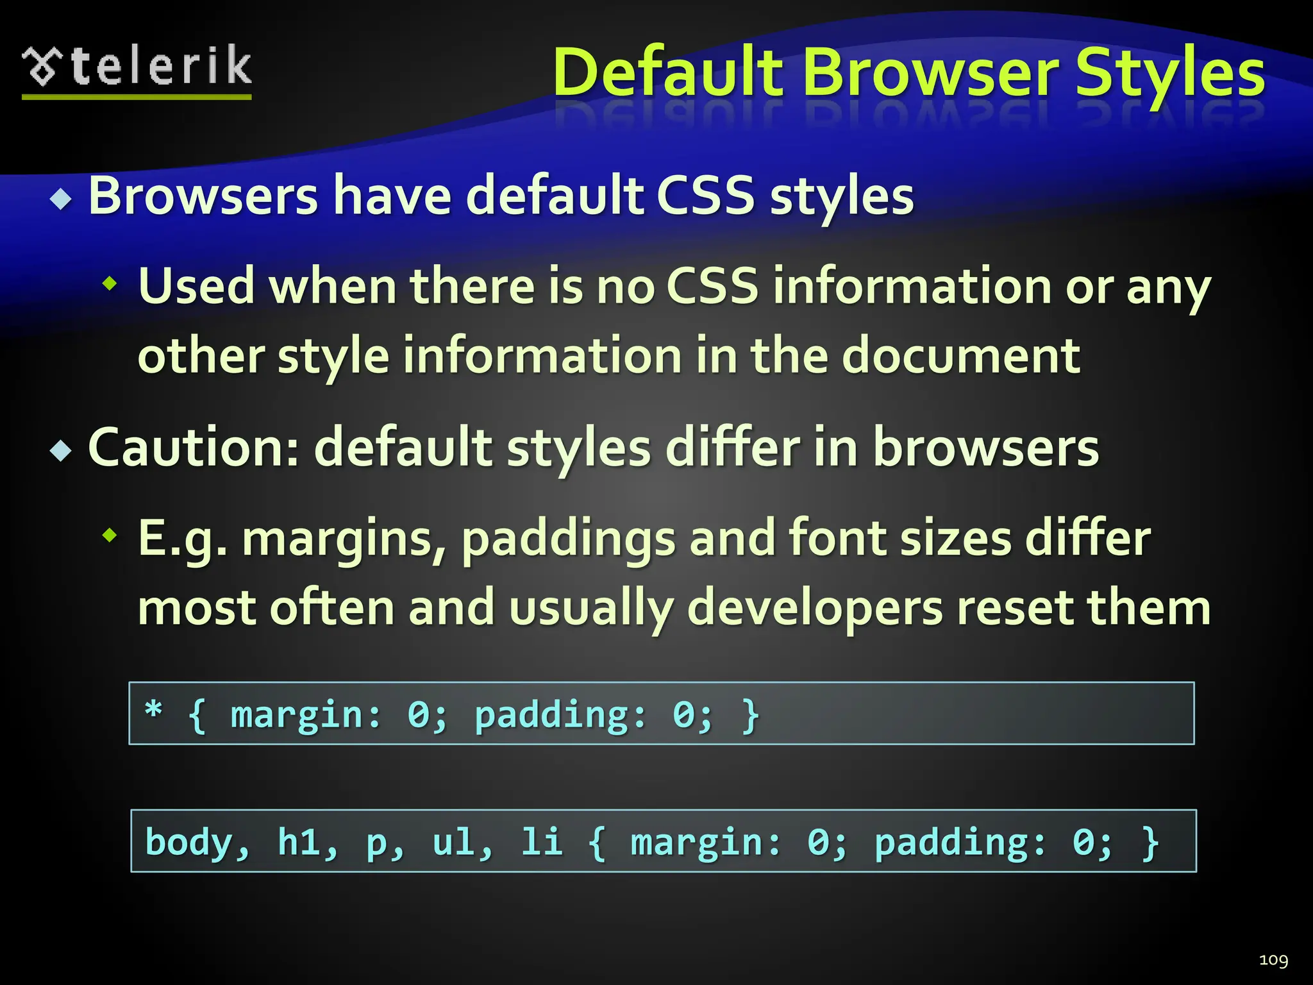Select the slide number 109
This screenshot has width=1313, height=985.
pos(1273,960)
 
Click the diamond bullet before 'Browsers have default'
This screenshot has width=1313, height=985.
pos(62,199)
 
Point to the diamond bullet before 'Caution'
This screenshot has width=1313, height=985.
pos(62,451)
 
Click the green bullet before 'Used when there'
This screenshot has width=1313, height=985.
pos(110,283)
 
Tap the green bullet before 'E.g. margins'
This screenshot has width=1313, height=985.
pos(110,534)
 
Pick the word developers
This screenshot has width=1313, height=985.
pos(814,608)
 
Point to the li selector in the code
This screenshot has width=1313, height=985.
pos(542,842)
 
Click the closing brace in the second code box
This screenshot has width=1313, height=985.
pos(1150,842)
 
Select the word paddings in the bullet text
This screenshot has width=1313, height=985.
pos(568,539)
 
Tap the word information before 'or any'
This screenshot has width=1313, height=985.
pos(912,286)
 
